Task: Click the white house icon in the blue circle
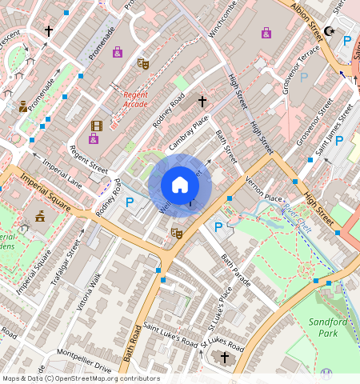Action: point(180,186)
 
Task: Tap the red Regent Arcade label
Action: point(135,99)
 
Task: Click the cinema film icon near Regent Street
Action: point(97,126)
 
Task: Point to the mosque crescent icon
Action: point(329,32)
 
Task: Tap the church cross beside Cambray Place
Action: point(202,102)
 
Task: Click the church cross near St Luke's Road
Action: point(225,357)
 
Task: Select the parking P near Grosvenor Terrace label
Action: point(304,78)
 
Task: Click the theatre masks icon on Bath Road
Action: point(177,233)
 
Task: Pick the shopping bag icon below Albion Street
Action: point(266,33)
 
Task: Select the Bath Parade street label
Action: point(236,271)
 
